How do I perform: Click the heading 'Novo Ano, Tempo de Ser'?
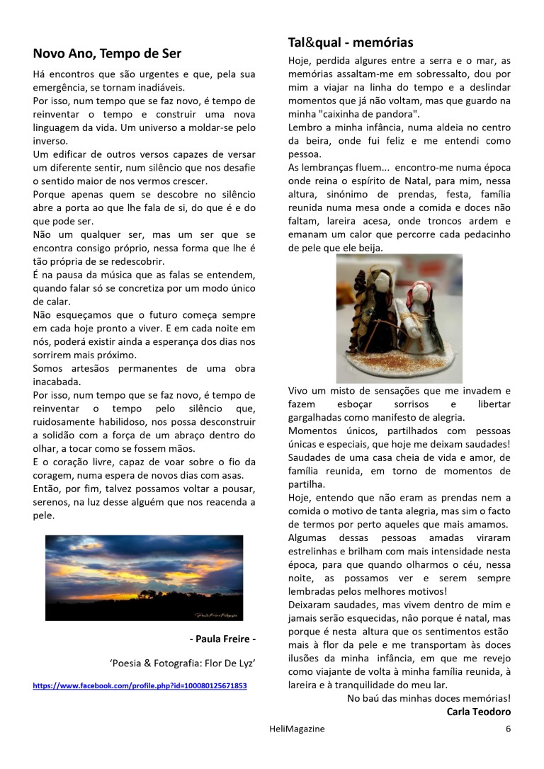click(x=107, y=54)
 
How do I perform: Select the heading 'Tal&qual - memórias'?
click(x=351, y=42)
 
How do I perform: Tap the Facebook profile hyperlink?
click(x=140, y=686)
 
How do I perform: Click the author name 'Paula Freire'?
click(x=222, y=639)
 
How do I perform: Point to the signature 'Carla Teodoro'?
click(x=478, y=712)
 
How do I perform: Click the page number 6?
click(x=508, y=729)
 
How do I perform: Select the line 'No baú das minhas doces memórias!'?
click(x=429, y=698)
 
